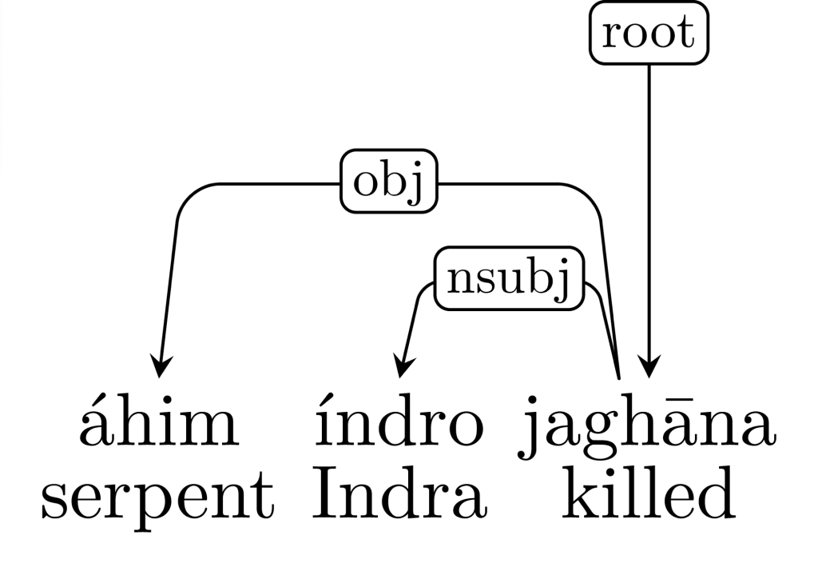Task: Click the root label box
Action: [x=649, y=34]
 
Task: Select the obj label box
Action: [x=389, y=183]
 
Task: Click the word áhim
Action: [x=159, y=425]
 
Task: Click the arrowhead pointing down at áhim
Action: [x=161, y=367]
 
